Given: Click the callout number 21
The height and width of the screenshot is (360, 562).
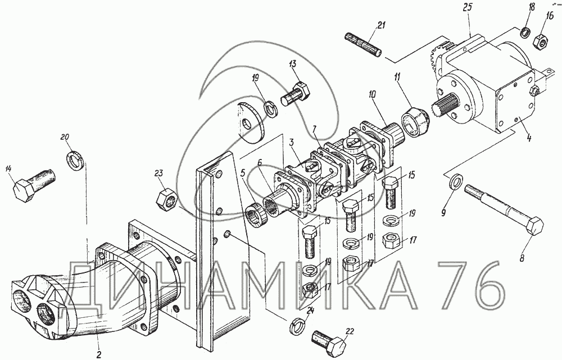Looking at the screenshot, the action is [380, 25].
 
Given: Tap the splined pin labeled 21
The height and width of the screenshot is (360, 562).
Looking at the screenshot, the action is [363, 45].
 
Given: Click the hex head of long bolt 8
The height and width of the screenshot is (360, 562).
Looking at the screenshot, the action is [533, 225].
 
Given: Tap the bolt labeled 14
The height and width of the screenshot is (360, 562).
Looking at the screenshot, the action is [34, 184].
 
